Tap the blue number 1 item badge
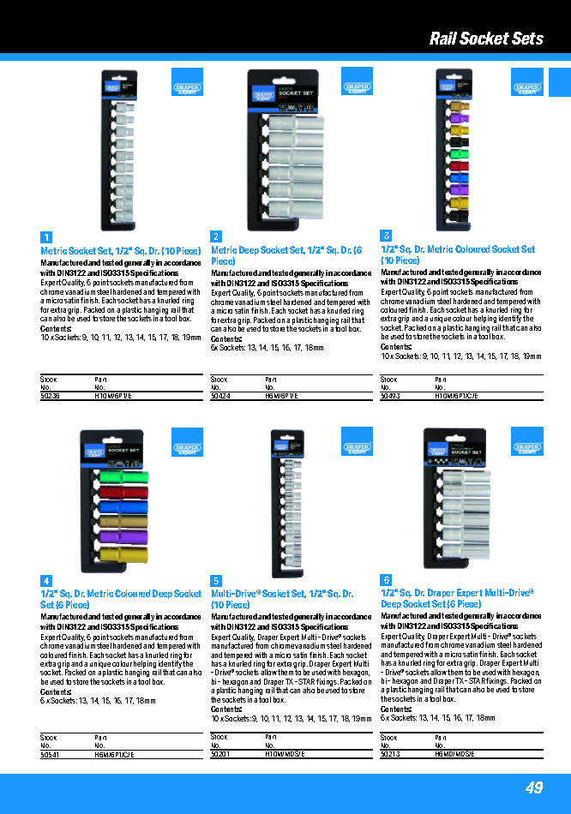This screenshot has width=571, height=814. point(46,237)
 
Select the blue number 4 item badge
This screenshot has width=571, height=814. point(46,581)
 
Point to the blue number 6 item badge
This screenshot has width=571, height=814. point(386,581)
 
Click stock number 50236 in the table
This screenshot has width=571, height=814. point(51,396)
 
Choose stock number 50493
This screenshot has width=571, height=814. point(390,396)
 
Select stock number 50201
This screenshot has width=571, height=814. point(220,755)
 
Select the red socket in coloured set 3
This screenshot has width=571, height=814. point(458,166)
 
